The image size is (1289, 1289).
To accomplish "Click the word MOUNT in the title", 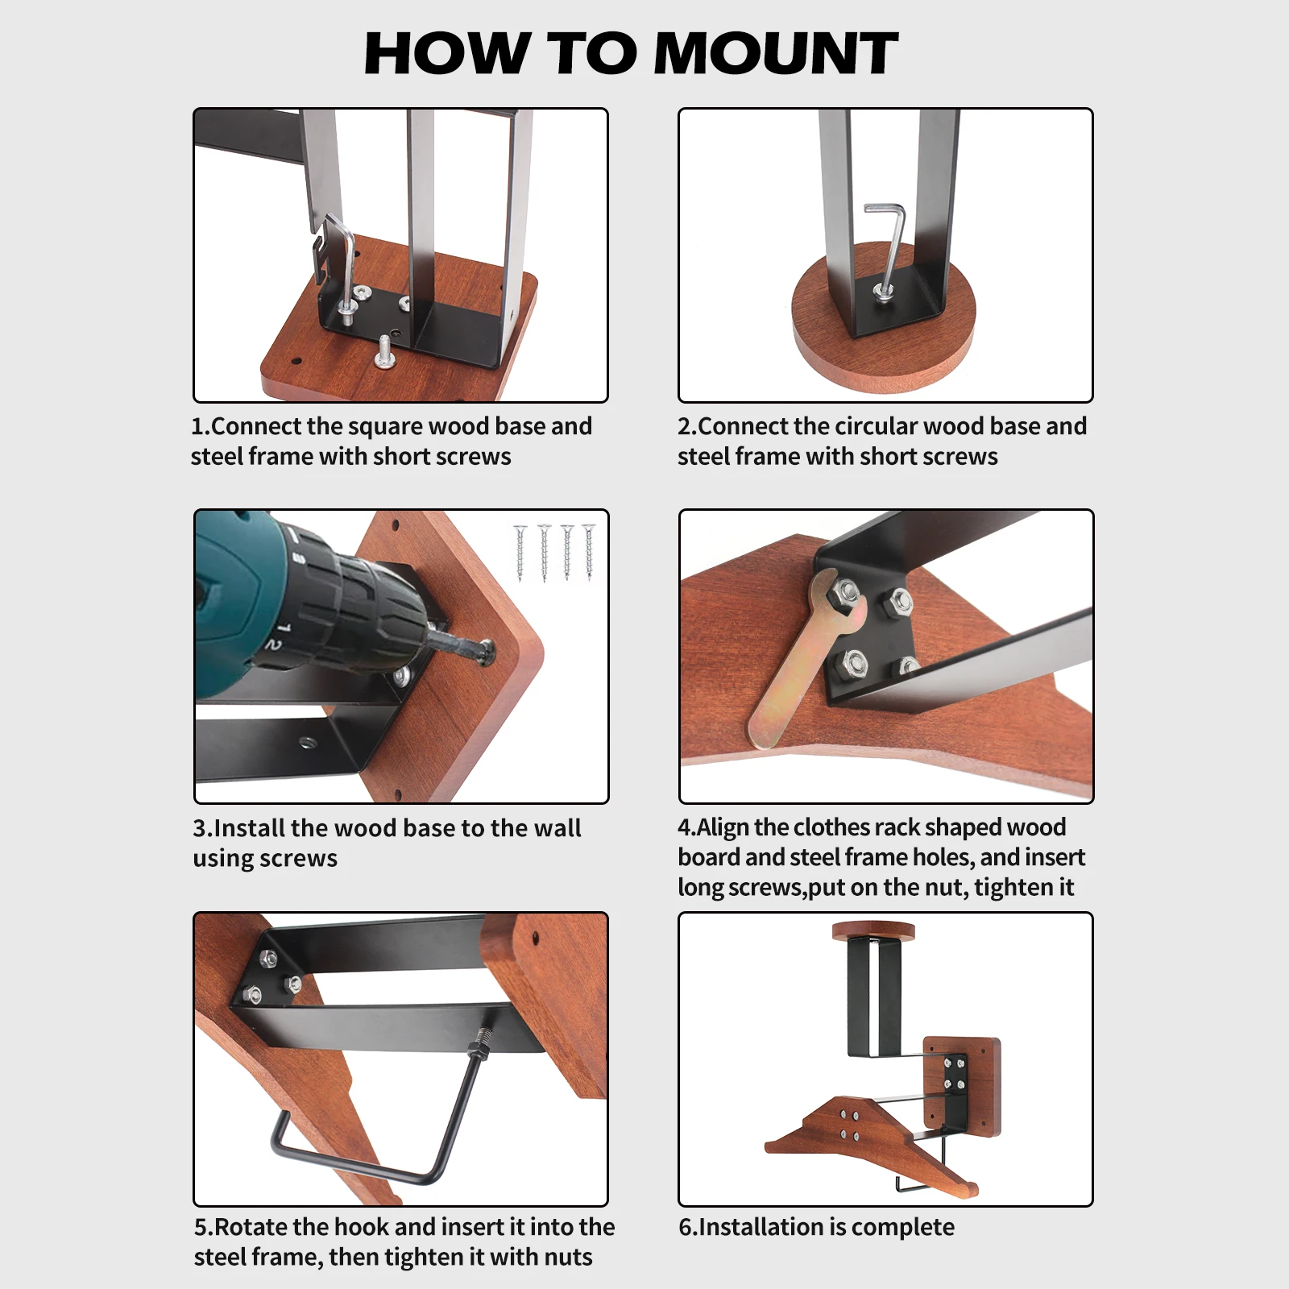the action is [x=777, y=53].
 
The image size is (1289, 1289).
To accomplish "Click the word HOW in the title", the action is [x=446, y=53].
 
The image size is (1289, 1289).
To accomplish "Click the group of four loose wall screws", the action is [x=555, y=552].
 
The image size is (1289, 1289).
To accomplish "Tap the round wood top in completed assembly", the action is [x=873, y=932].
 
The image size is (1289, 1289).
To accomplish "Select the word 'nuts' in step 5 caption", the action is [x=566, y=1258].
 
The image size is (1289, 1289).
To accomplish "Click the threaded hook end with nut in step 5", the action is [x=479, y=1042].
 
